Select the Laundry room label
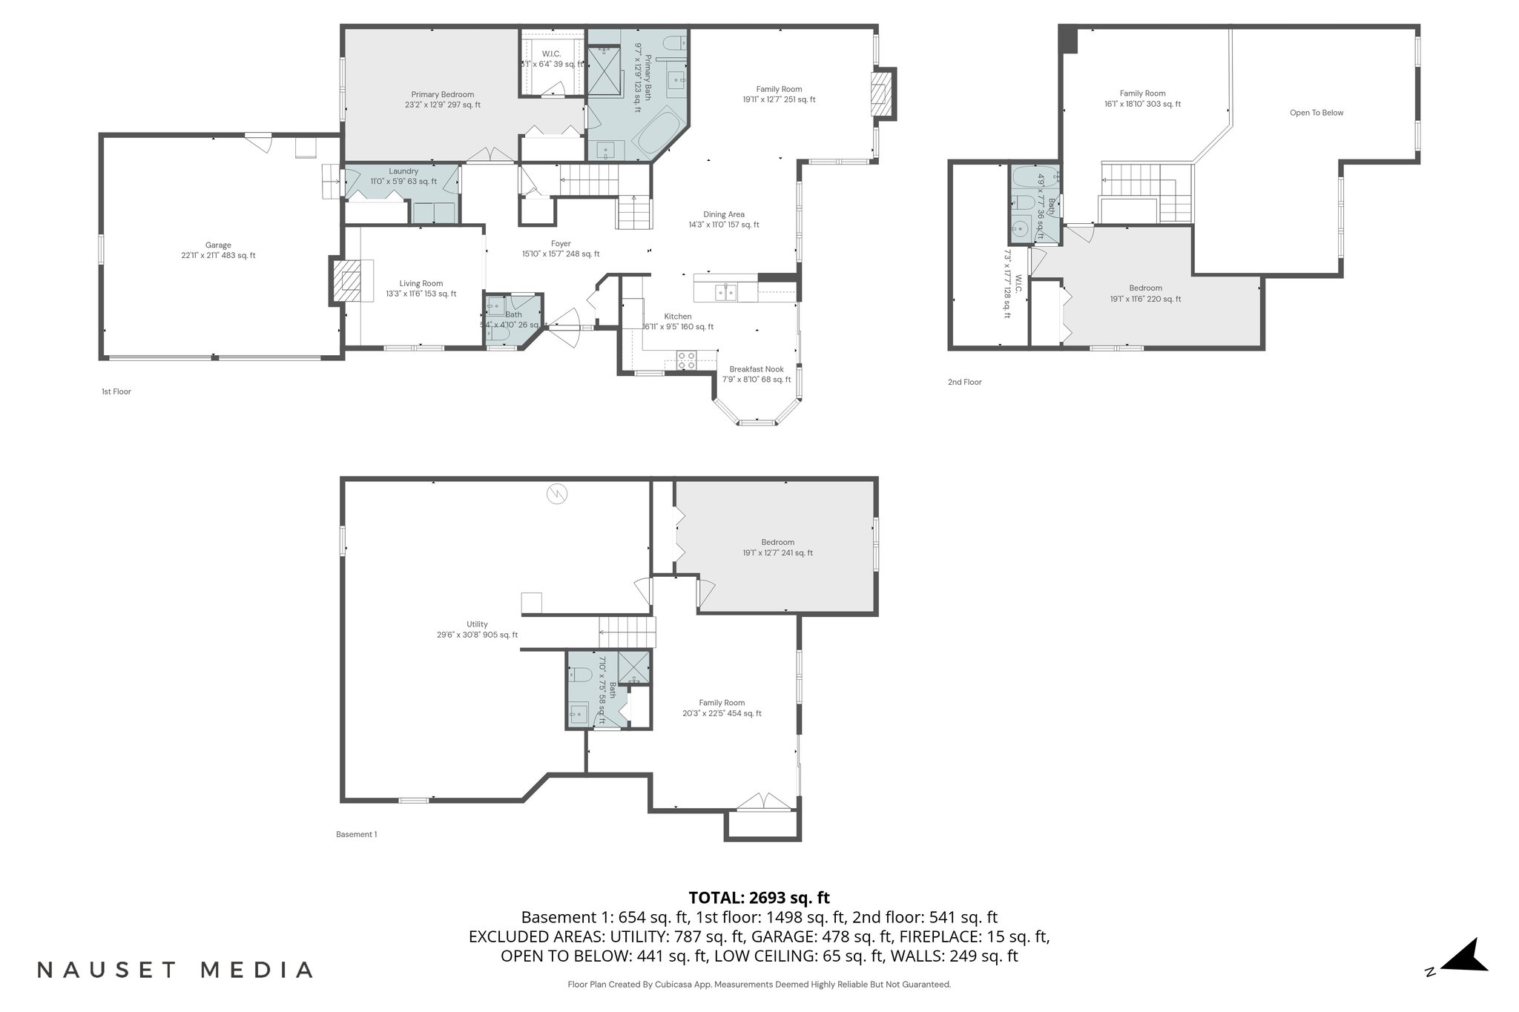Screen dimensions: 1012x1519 pyautogui.click(x=403, y=171)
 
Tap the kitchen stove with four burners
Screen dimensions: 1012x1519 pyautogui.click(x=686, y=360)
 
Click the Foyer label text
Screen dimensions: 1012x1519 pyautogui.click(x=561, y=244)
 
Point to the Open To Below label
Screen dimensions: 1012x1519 pyautogui.click(x=1317, y=113)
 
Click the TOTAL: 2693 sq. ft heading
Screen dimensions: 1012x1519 pyautogui.click(x=759, y=898)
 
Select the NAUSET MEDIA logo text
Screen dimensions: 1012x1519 pyautogui.click(x=175, y=970)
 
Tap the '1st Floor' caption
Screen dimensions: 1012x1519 pyautogui.click(x=116, y=391)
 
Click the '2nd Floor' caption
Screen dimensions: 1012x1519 pyautogui.click(x=964, y=382)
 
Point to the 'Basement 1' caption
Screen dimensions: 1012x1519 pyautogui.click(x=356, y=834)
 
